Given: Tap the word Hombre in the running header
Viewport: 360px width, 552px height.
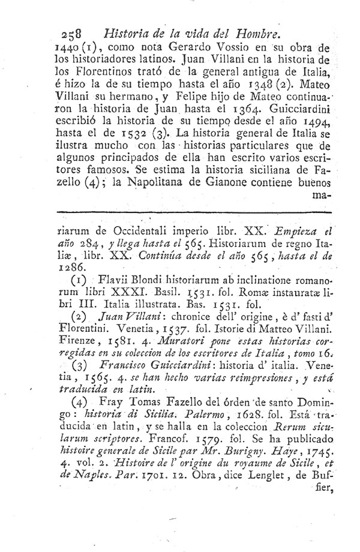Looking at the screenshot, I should coord(254,35).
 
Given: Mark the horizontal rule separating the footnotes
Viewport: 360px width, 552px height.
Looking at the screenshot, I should coord(193,211).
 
